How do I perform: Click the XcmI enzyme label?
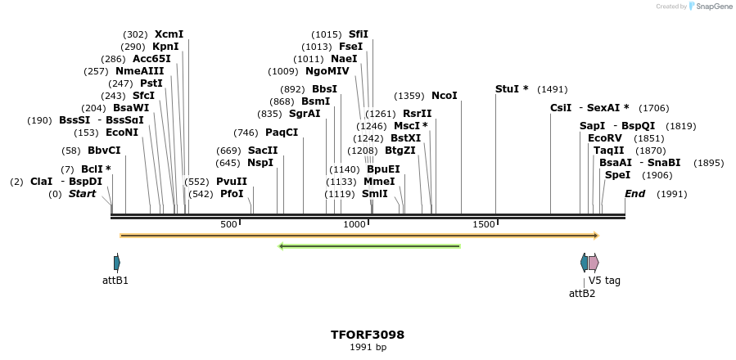point(169,34)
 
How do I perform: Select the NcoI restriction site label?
point(445,96)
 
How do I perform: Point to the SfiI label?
point(359,34)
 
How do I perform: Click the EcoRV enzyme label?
point(605,138)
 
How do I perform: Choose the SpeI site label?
point(617,175)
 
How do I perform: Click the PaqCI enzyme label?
point(282,133)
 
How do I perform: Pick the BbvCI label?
point(104,151)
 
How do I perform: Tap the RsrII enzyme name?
point(417,114)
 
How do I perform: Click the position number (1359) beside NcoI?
point(409,96)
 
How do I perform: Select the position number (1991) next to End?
point(671,194)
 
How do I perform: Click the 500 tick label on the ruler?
point(228,224)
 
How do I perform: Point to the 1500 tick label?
point(484,224)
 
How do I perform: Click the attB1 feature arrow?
point(117,263)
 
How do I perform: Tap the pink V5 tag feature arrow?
point(594,263)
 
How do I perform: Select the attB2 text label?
point(582,293)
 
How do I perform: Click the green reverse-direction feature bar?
point(369,245)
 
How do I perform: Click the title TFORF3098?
point(368,335)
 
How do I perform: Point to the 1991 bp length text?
point(368,348)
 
